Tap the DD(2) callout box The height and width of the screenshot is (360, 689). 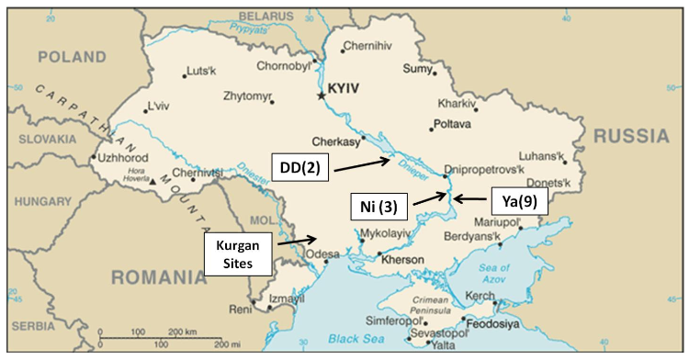pyautogui.click(x=300, y=167)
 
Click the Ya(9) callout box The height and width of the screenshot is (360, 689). pyautogui.click(x=514, y=199)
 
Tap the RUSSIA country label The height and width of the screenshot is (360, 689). pyautogui.click(x=632, y=136)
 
